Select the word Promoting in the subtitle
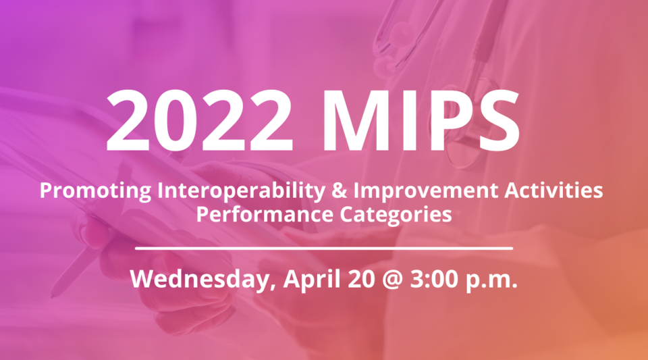click(96, 191)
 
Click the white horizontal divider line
click(324, 249)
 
